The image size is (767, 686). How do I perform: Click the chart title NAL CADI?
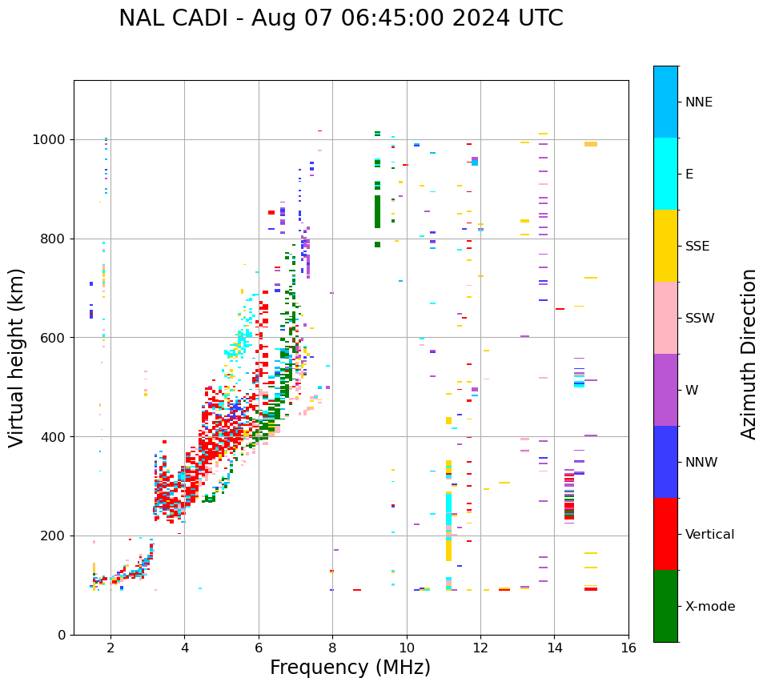click(x=340, y=18)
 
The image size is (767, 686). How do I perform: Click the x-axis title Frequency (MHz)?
click(x=350, y=668)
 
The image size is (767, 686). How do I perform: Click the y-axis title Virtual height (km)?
click(x=17, y=358)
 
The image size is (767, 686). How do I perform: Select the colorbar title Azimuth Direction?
click(x=749, y=354)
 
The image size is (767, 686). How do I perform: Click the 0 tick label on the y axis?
click(x=61, y=635)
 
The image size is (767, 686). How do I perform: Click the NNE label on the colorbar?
click(x=699, y=102)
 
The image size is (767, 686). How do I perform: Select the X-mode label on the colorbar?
click(x=710, y=607)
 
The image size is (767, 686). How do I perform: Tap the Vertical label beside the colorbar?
click(x=709, y=535)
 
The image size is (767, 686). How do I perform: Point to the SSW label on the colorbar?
click(x=700, y=319)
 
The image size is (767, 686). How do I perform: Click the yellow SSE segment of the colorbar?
click(x=665, y=246)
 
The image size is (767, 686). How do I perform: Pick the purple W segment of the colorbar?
click(x=665, y=390)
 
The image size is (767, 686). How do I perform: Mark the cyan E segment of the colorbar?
click(x=665, y=174)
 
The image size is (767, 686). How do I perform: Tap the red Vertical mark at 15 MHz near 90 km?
click(x=591, y=589)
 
